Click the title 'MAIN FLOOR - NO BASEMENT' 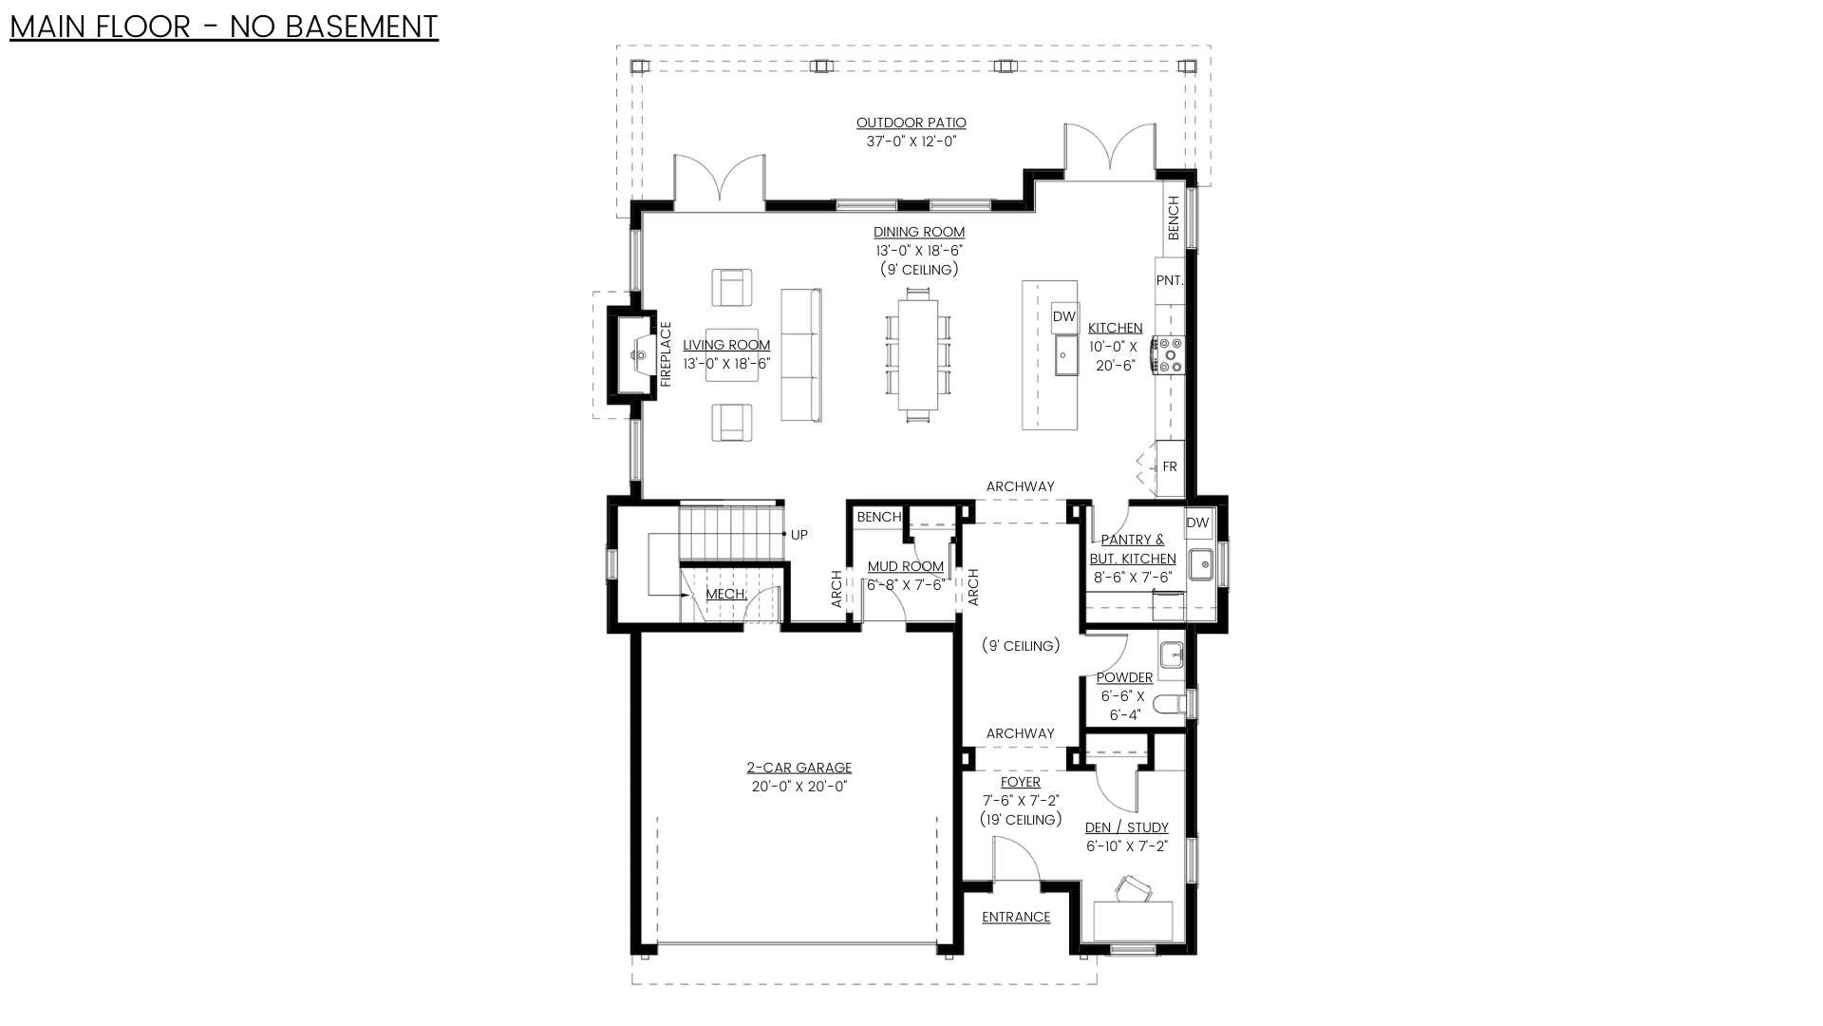[x=224, y=27]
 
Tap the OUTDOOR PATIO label [x=911, y=123]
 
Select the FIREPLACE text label [x=666, y=354]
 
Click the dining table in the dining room [x=918, y=354]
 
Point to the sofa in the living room [x=800, y=355]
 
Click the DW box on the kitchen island [x=1064, y=316]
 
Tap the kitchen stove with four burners [x=1169, y=354]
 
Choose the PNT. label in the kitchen [x=1170, y=280]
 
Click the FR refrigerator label [x=1170, y=466]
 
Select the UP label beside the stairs [x=799, y=535]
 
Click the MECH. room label [x=726, y=594]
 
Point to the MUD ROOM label [x=906, y=566]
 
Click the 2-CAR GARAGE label [x=799, y=768]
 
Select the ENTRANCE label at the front [x=1016, y=917]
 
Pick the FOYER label [x=1021, y=782]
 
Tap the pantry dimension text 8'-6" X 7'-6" [x=1133, y=578]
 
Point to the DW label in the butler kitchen [x=1198, y=522]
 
